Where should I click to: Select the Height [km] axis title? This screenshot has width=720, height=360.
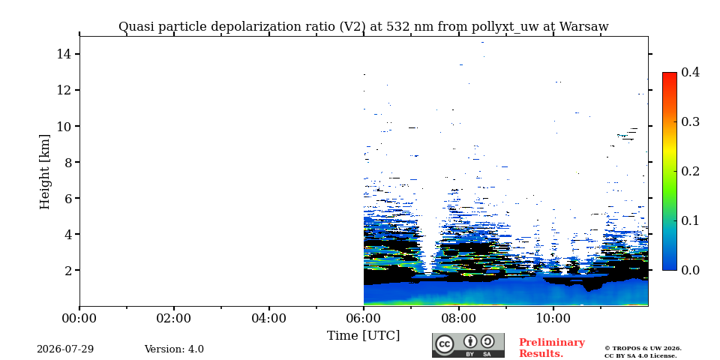[x=44, y=172]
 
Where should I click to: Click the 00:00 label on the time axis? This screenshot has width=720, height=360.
[x=79, y=318]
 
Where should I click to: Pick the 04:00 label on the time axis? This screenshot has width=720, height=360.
[x=268, y=318]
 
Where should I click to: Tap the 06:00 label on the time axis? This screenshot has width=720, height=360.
[x=364, y=318]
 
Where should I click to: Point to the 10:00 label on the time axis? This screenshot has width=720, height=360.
[x=553, y=318]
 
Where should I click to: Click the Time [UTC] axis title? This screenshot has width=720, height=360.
[x=363, y=336]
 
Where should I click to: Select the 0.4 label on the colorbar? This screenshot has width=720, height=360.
[x=690, y=72]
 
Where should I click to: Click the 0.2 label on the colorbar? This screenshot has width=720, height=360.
[x=690, y=171]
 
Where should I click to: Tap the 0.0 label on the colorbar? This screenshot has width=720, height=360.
[x=690, y=270]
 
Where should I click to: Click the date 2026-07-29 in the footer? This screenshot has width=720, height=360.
[x=65, y=349]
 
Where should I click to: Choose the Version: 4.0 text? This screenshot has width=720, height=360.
[x=174, y=349]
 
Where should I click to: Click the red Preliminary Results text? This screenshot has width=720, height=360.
[x=552, y=348]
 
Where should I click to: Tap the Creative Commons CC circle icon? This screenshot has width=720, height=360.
[x=445, y=345]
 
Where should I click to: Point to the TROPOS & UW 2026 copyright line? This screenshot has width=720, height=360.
[x=643, y=349]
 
